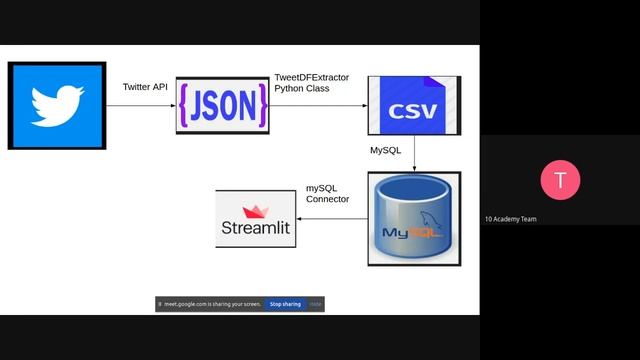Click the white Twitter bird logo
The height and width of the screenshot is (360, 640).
click(x=56, y=105)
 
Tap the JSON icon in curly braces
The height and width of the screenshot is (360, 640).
click(x=222, y=106)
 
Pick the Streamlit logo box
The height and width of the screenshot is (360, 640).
click(x=255, y=220)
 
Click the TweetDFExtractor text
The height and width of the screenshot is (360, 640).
click(x=312, y=77)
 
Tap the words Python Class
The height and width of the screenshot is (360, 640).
click(x=302, y=89)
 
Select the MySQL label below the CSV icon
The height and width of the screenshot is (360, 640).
click(x=385, y=150)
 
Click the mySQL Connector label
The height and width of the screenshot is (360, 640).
click(x=327, y=193)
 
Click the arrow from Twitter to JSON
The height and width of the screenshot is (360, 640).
click(x=142, y=106)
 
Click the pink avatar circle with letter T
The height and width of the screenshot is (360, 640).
click(x=560, y=180)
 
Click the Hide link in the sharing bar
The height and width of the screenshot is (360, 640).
click(x=315, y=304)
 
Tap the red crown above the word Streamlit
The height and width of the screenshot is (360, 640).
click(x=256, y=211)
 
